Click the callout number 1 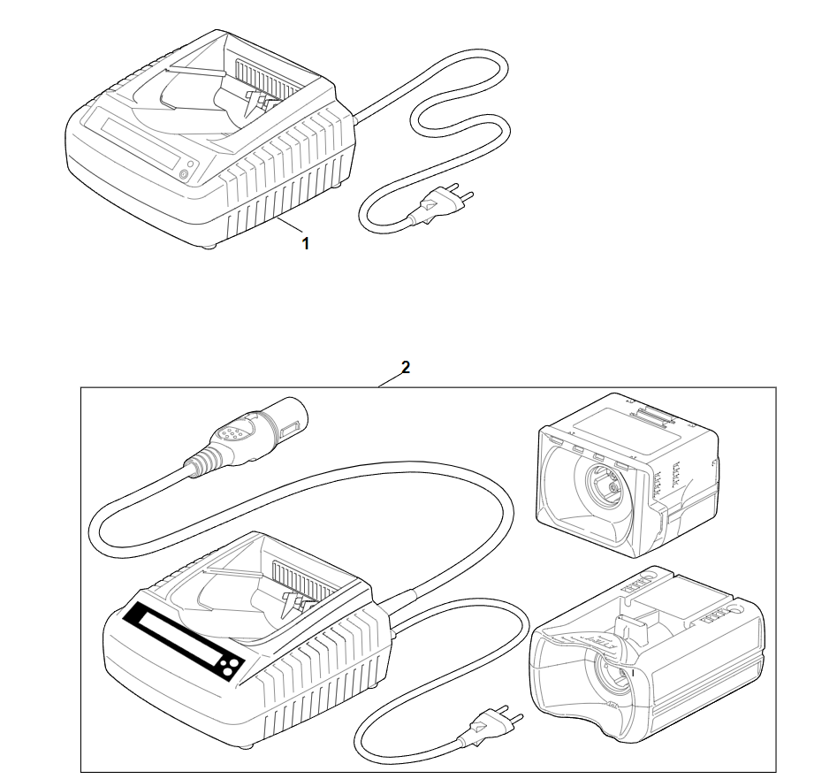pyautogui.click(x=305, y=244)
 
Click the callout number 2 pyautogui.click(x=406, y=367)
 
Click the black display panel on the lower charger pyautogui.click(x=183, y=641)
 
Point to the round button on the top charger pyautogui.click(x=185, y=173)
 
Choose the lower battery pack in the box pyautogui.click(x=646, y=654)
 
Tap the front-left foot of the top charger pyautogui.click(x=209, y=246)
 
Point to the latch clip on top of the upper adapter pyautogui.click(x=650, y=415)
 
